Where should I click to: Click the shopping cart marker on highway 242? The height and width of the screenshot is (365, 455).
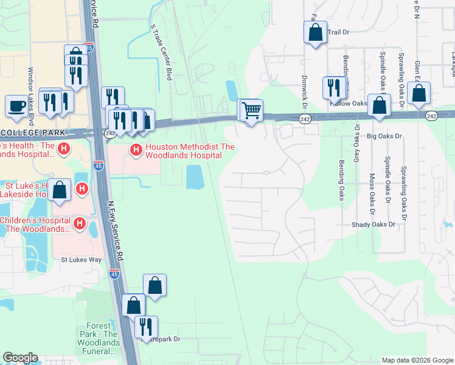coord(251,111)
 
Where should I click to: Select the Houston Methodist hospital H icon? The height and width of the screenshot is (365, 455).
coord(136,149)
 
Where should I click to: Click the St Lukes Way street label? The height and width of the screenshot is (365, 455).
coord(81,259)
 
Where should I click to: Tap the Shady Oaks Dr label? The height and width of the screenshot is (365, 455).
coord(373,224)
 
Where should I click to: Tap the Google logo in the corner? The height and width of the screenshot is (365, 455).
coord(20,358)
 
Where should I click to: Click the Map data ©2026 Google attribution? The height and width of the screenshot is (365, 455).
coord(417,360)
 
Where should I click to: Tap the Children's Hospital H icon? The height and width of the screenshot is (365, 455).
coord(79,224)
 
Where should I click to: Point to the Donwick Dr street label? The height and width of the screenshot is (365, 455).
coord(304,89)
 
